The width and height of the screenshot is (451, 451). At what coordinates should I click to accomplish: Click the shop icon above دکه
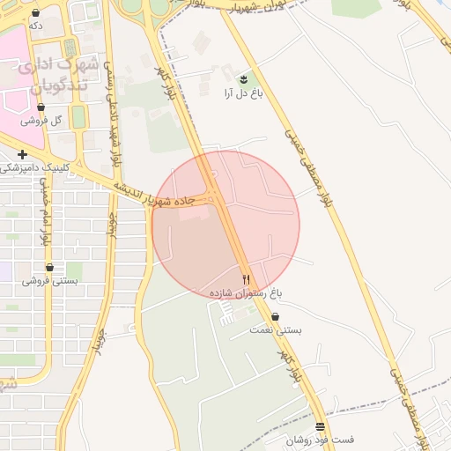(35, 14)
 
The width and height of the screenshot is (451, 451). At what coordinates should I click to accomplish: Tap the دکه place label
(35, 26)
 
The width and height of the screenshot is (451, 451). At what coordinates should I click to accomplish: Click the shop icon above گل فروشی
(41, 107)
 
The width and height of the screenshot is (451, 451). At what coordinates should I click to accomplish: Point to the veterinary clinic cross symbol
(22, 155)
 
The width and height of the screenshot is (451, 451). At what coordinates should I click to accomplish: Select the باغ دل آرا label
(241, 92)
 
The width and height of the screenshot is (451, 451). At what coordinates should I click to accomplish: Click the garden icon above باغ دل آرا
(243, 79)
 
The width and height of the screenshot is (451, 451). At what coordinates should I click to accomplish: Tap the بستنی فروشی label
(49, 280)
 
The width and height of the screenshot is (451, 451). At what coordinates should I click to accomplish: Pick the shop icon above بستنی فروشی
(49, 267)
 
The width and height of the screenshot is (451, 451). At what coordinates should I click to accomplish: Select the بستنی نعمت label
(277, 329)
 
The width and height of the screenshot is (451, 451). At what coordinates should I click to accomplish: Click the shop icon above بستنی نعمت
(276, 316)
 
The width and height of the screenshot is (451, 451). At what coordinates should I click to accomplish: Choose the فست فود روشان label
(320, 439)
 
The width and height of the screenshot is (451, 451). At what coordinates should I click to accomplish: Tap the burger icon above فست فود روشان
(320, 426)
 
